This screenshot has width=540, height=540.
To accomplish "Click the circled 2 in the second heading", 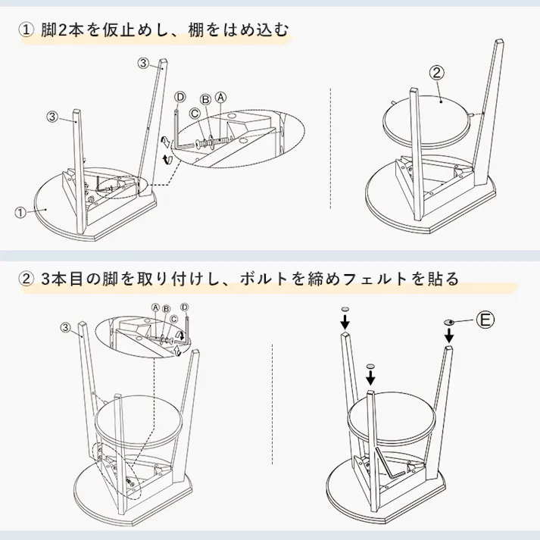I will [27, 279].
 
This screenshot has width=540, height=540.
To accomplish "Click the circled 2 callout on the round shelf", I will [436, 74].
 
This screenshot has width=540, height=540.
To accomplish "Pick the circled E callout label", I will [485, 321].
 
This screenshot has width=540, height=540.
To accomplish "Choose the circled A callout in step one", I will [220, 98].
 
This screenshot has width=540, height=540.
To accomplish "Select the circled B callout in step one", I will [204, 100].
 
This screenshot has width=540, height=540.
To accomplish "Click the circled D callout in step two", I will [184, 307].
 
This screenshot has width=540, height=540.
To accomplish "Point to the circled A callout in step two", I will [155, 307].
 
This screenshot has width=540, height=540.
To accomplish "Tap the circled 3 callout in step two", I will [67, 327].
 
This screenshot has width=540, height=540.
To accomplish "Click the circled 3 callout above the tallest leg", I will [144, 64].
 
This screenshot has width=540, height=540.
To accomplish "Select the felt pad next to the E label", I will [449, 322].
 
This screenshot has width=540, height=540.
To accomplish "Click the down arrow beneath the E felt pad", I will [449, 336].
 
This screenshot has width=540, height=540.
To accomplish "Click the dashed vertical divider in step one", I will [331, 151].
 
